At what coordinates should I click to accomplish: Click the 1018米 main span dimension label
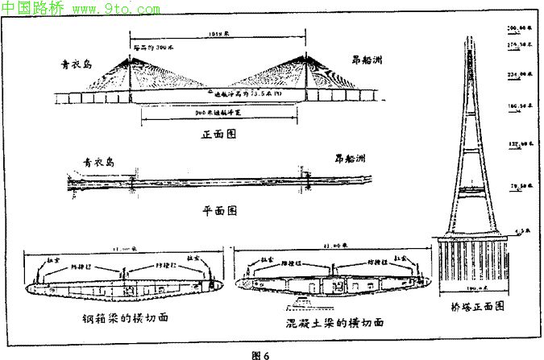[x=218, y=36]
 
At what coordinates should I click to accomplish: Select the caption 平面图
[x=218, y=210]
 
